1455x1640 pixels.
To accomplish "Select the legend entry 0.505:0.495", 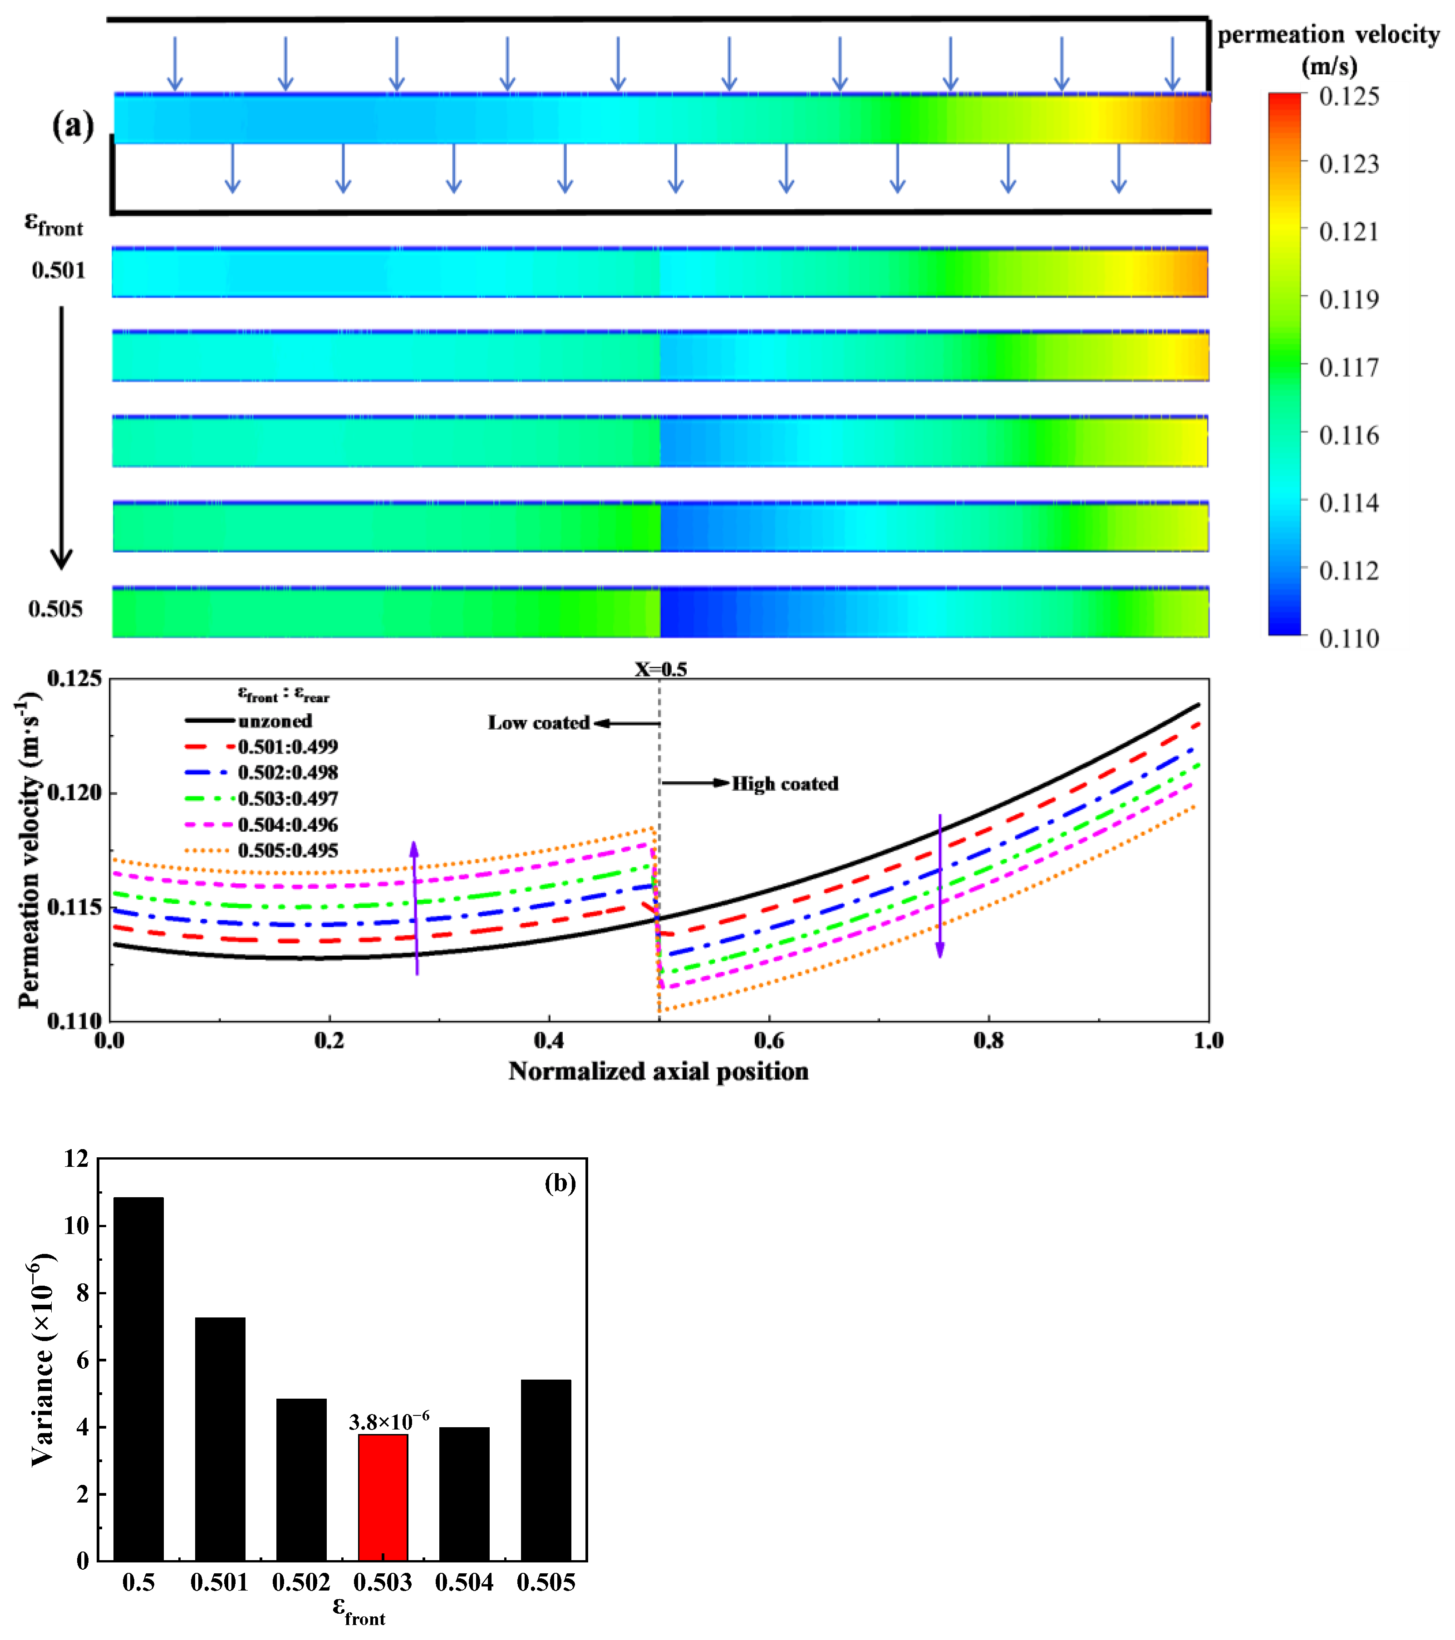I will click(287, 851).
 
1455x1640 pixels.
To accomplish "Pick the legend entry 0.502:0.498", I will click(287, 773).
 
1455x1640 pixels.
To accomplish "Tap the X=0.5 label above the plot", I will click(660, 669).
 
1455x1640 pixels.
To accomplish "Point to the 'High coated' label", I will click(784, 784).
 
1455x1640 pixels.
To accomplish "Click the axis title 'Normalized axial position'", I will click(658, 1072).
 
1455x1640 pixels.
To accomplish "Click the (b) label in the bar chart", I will click(560, 1183).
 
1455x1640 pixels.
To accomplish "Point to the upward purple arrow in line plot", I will click(415, 907).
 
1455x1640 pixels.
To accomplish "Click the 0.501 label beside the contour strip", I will click(58, 270).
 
